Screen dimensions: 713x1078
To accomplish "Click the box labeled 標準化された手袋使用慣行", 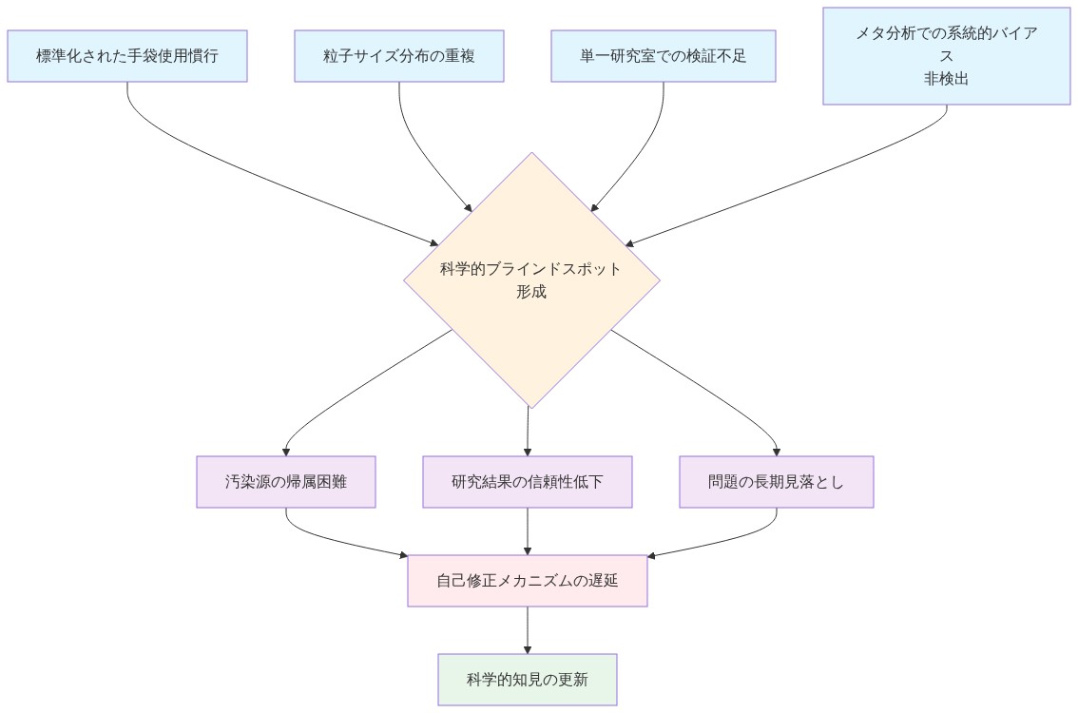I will click(127, 56).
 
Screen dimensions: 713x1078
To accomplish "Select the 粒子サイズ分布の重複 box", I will click(398, 56).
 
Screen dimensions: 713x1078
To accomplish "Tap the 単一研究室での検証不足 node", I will click(663, 56).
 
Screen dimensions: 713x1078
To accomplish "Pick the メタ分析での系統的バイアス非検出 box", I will click(946, 56).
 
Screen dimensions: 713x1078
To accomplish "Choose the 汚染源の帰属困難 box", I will click(286, 482).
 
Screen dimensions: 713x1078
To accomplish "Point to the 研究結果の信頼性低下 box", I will click(528, 482).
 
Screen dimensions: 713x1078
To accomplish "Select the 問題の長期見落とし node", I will click(777, 482).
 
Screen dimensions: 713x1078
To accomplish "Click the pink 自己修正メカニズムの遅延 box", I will click(528, 580).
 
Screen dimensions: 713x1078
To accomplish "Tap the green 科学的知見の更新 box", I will click(528, 680).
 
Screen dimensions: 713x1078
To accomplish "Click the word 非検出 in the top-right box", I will click(946, 80).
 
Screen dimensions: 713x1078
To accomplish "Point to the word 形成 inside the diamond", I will click(531, 292).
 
